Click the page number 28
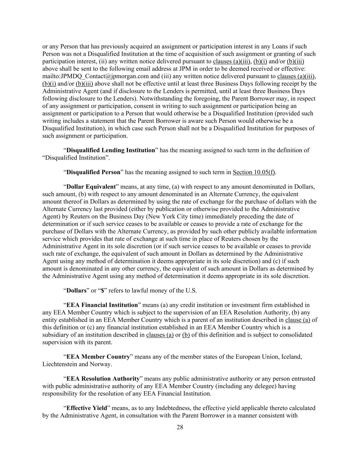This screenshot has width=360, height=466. (x=180, y=427)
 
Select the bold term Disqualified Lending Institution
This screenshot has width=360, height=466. (x=111, y=150)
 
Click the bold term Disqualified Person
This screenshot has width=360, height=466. (x=93, y=172)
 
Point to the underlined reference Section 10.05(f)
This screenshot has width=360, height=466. (x=254, y=172)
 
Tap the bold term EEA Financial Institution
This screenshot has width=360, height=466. (x=102, y=305)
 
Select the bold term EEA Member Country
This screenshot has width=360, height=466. (x=98, y=357)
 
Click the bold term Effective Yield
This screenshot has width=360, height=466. (x=86, y=408)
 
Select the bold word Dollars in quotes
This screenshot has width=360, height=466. (x=76, y=291)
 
